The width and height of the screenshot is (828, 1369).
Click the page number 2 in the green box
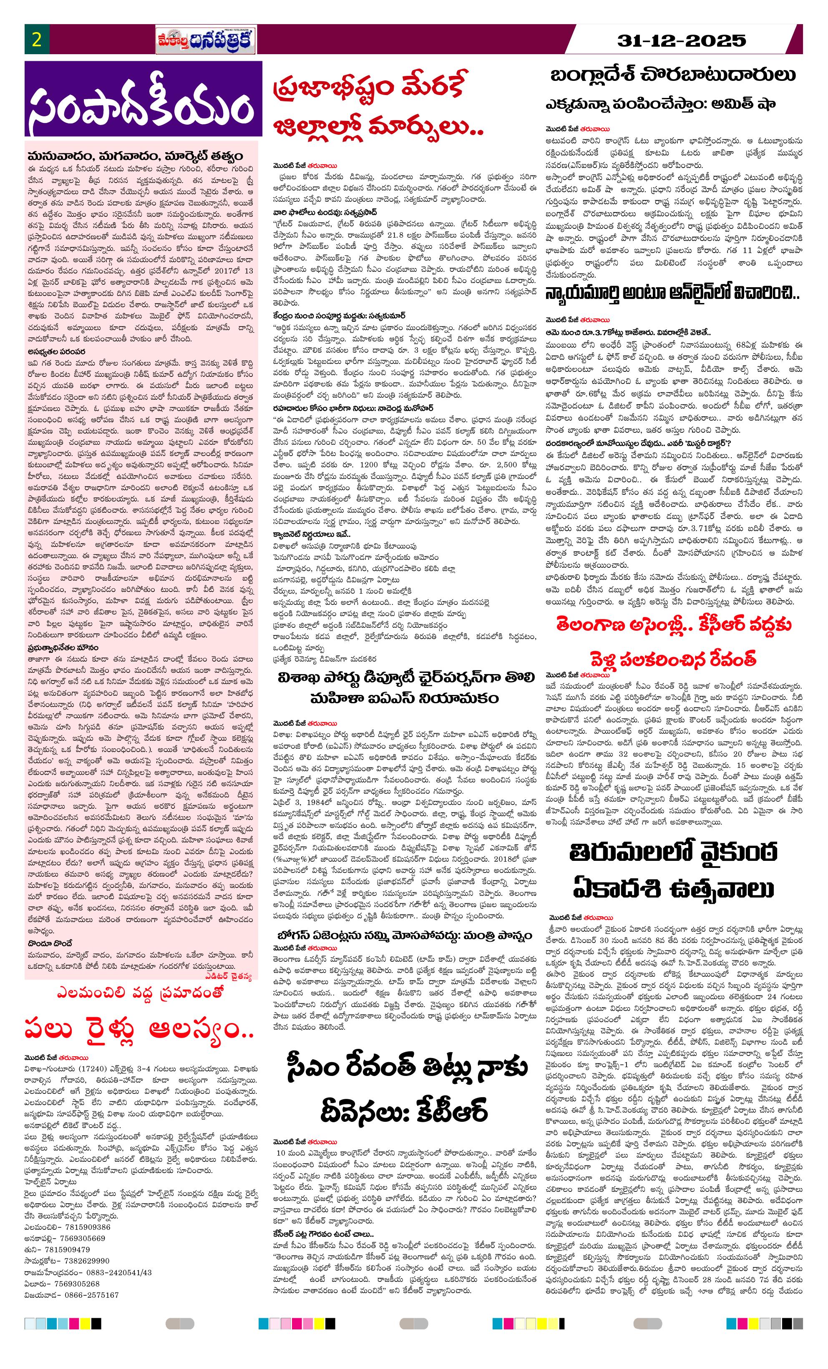click(37, 40)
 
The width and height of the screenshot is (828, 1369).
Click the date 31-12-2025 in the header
click(681, 40)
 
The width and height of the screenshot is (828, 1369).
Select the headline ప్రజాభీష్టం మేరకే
click(368, 88)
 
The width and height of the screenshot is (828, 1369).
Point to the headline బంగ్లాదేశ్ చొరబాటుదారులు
click(673, 75)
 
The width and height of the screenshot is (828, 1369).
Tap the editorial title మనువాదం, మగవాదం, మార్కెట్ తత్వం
click(135, 156)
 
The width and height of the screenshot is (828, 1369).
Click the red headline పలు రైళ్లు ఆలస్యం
click(139, 1030)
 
